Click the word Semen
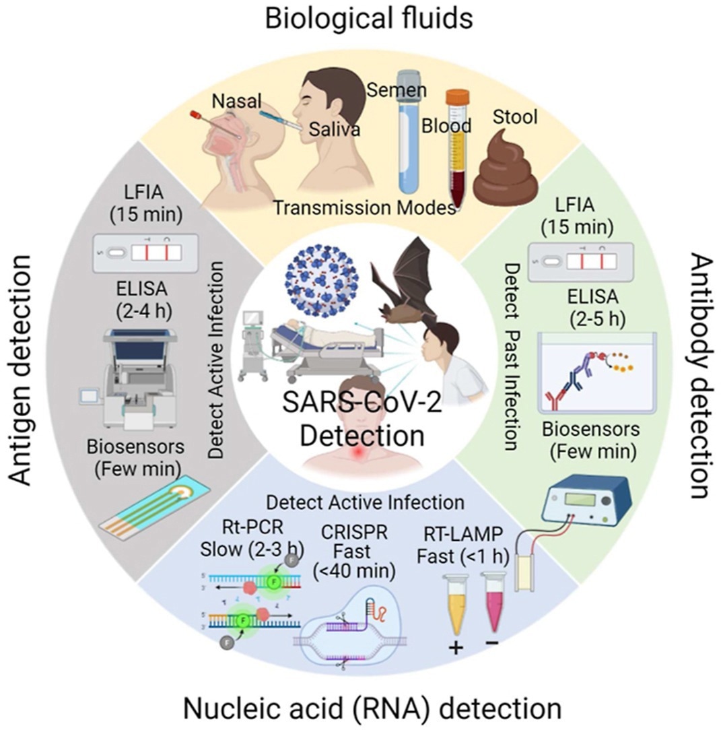397,89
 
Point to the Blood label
446,125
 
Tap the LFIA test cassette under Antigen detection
145,252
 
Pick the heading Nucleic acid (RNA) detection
372,708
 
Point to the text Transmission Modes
364,207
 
